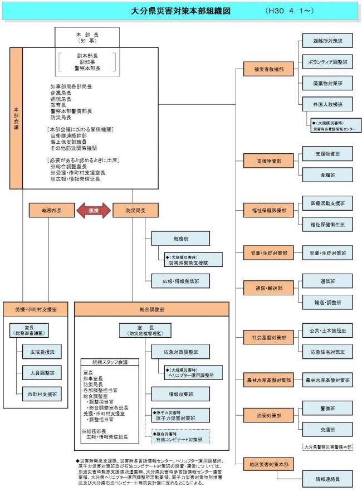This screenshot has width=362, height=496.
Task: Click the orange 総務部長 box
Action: click(52, 211)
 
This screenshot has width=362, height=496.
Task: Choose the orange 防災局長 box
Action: click(136, 211)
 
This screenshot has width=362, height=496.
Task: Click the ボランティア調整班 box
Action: click(327, 62)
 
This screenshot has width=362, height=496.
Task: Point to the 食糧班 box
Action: click(327, 174)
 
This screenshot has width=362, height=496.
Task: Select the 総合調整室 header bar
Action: click(152, 309)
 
